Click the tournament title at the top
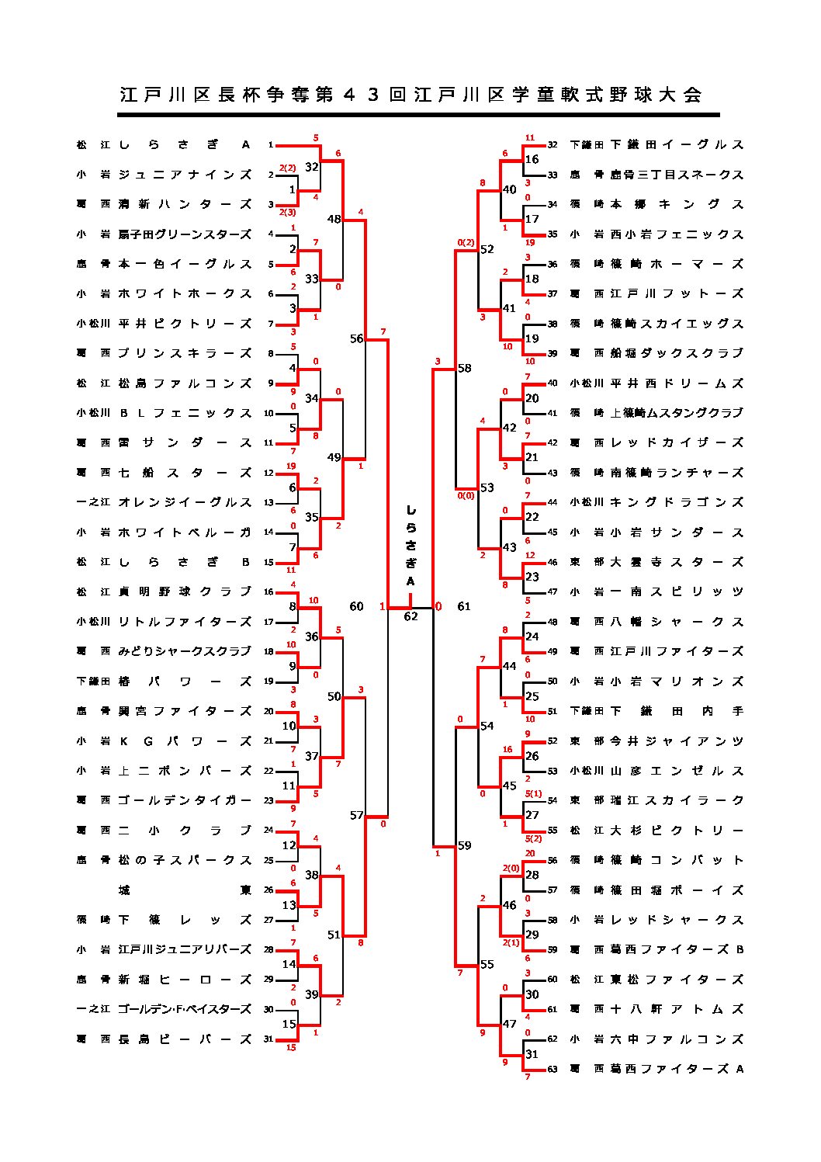[410, 95]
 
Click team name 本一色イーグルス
[185, 264]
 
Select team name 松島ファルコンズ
[185, 383]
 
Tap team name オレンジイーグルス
[185, 502]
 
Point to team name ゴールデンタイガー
[185, 800]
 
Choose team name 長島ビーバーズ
[185, 1039]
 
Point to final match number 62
[410, 616]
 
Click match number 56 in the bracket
[356, 338]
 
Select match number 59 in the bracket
[464, 845]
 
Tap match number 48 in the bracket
[334, 219]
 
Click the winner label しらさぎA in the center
[410, 546]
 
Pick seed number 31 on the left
[268, 1039]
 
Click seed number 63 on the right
[553, 1069]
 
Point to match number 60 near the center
[356, 606]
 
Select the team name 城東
[185, 890]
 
